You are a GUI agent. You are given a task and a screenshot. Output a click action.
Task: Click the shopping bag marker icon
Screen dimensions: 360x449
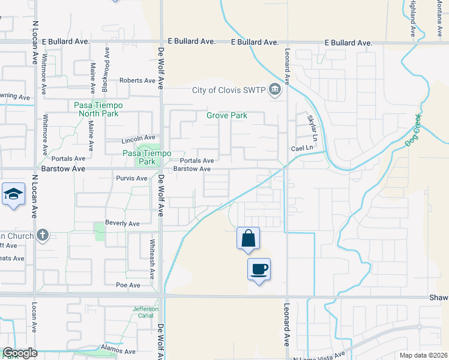[x=248, y=238]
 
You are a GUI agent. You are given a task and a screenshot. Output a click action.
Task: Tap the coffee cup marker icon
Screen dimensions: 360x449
[x=259, y=269]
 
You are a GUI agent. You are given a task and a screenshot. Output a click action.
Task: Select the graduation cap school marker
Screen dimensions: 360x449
[x=13, y=194]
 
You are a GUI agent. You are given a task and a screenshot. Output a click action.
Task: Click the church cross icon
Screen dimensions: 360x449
[x=42, y=235]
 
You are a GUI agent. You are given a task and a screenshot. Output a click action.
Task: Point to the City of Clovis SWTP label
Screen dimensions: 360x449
[x=229, y=91]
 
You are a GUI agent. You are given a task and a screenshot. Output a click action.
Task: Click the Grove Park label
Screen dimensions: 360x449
[x=227, y=115]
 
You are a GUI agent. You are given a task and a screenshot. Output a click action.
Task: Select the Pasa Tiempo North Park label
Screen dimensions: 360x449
[x=98, y=109]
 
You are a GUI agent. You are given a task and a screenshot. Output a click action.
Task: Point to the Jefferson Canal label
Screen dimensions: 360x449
[x=145, y=313]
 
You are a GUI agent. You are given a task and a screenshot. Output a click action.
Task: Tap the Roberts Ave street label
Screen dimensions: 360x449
[x=137, y=80]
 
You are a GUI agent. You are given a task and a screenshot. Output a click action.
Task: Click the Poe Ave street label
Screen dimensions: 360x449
[x=128, y=285]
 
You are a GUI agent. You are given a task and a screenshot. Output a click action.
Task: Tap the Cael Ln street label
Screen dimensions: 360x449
[x=303, y=148]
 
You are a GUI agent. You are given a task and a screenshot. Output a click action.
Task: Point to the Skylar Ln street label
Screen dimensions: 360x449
[x=311, y=126]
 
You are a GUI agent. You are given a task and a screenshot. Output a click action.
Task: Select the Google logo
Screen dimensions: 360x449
[x=20, y=353]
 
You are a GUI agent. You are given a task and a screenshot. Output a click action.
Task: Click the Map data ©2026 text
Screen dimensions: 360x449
[x=423, y=355]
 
